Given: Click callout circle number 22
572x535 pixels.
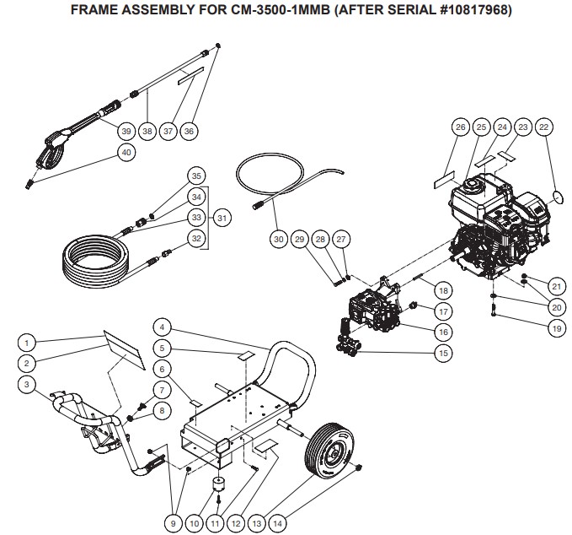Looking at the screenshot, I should click(543, 127).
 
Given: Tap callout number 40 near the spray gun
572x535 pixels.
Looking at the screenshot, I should click(127, 153).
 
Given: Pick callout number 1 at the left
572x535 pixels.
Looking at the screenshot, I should click(28, 343).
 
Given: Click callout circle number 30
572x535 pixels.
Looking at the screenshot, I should click(278, 240).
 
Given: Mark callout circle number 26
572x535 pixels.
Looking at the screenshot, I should click(460, 127).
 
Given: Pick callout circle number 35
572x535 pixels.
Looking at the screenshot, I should click(196, 176).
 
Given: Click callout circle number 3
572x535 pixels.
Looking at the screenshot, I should click(28, 385).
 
